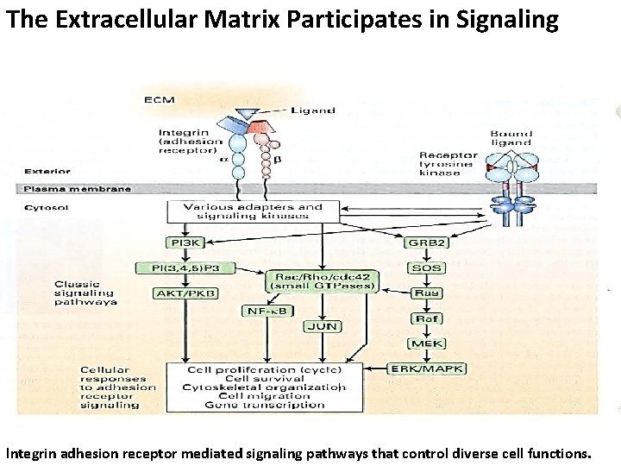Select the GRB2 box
tap(426, 243)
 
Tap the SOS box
tap(426, 268)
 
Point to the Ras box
tap(426, 293)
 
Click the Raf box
tap(426, 318)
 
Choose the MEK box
tap(426, 343)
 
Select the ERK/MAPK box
tap(426, 369)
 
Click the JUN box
tap(322, 326)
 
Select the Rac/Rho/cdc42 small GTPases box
tap(323, 280)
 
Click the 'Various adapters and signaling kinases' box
tap(253, 211)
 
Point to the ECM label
tap(160, 100)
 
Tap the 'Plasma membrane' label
tap(78, 189)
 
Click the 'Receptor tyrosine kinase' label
tap(448, 164)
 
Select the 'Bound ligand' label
tap(511, 139)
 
